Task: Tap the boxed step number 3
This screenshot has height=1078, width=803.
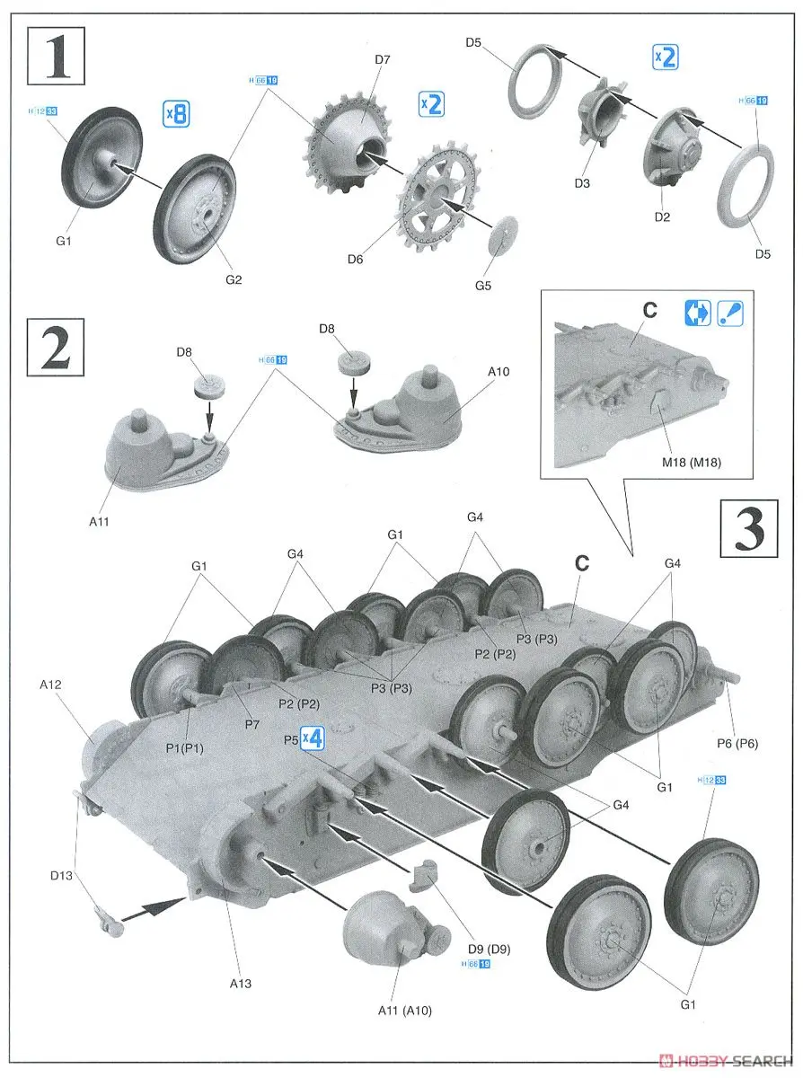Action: (x=747, y=529)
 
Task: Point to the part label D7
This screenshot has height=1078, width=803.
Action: (x=383, y=61)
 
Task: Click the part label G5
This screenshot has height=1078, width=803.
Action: (x=483, y=287)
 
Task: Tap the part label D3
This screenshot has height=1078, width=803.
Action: (x=581, y=184)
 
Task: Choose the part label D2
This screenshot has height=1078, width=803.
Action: (x=662, y=216)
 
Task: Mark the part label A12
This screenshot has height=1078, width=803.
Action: (x=50, y=685)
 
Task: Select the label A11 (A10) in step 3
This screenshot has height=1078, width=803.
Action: (x=404, y=1011)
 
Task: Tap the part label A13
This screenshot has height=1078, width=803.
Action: (x=240, y=984)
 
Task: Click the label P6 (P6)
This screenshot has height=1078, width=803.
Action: (x=737, y=744)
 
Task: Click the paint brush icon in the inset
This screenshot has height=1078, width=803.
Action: (x=729, y=311)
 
